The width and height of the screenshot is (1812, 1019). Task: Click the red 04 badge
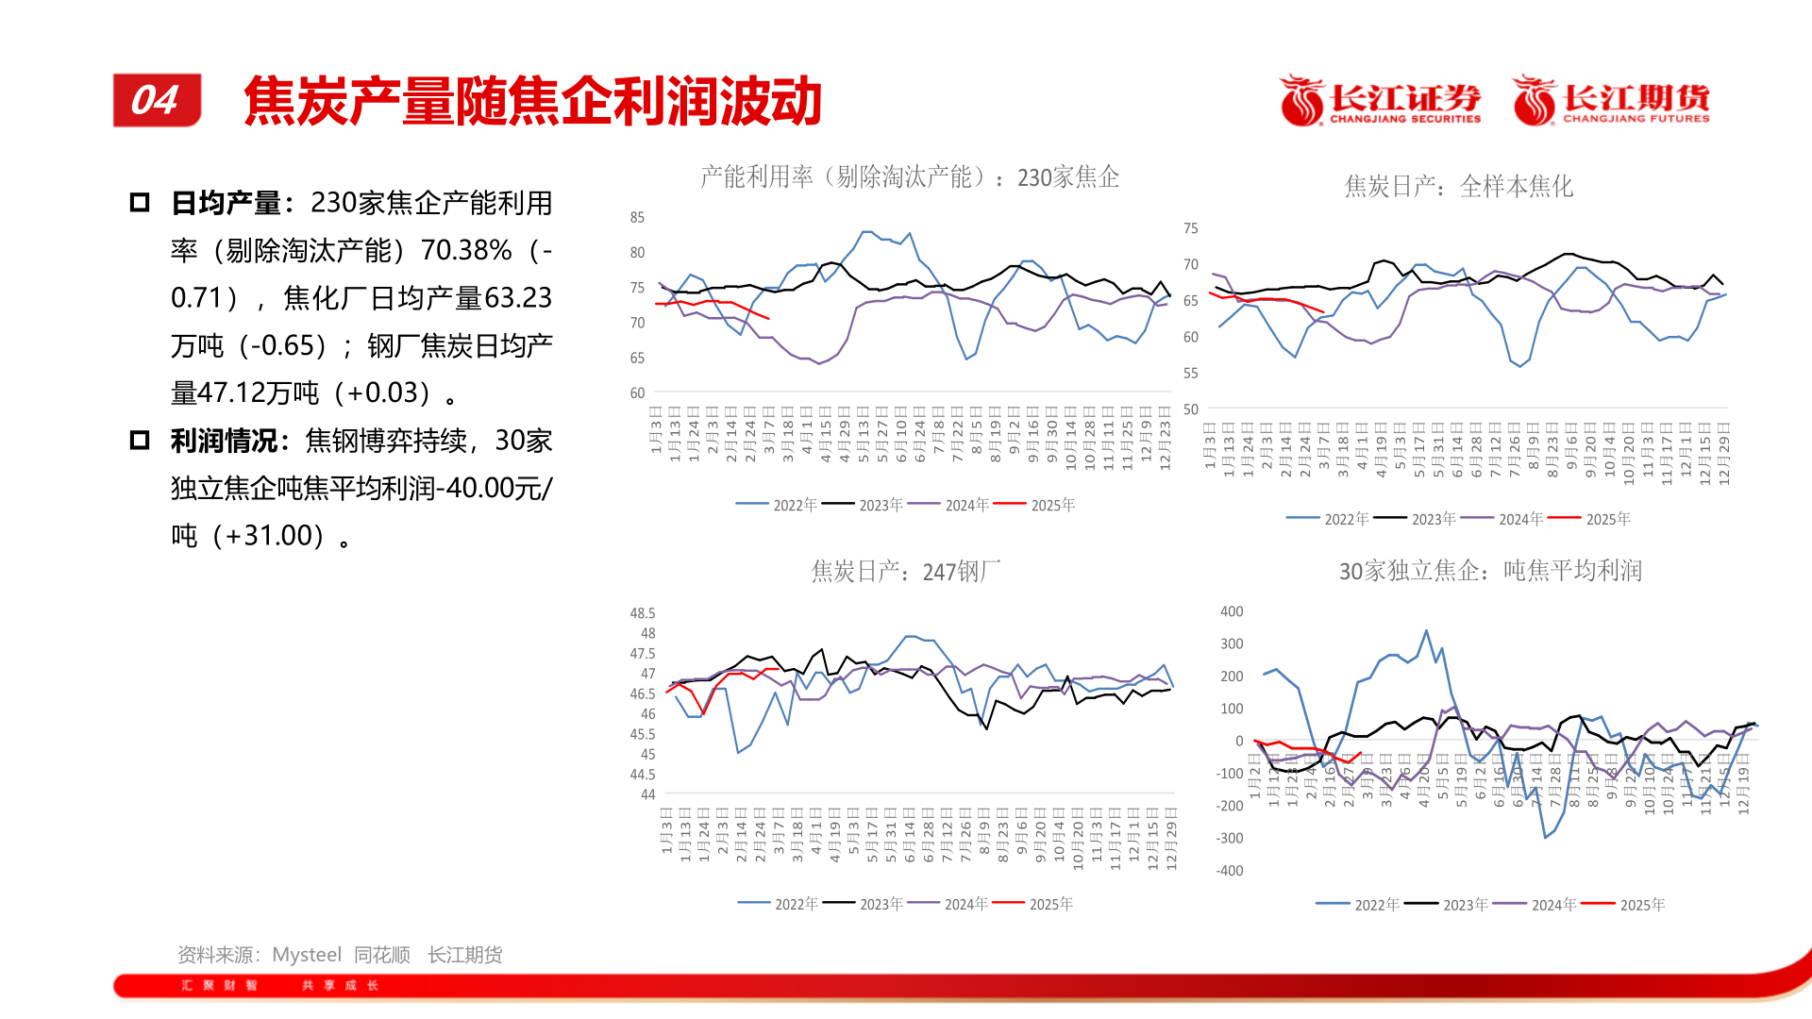pyautogui.click(x=157, y=100)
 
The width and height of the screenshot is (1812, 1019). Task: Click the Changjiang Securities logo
pyautogui.click(x=1380, y=101)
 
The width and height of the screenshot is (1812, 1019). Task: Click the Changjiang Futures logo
pyautogui.click(x=1612, y=101)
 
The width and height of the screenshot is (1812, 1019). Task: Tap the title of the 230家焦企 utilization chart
pyautogui.click(x=909, y=177)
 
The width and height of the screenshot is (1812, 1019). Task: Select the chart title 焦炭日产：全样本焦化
pyautogui.click(x=1458, y=187)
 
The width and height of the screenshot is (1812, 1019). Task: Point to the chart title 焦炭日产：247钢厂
pyautogui.click(x=905, y=572)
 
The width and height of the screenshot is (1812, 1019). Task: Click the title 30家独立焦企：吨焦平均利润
pyautogui.click(x=1490, y=571)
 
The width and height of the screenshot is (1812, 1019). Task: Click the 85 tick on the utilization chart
pyautogui.click(x=637, y=218)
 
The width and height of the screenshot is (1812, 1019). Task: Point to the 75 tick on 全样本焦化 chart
pyautogui.click(x=1190, y=228)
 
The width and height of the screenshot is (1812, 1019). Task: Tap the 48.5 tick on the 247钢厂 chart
pyautogui.click(x=642, y=613)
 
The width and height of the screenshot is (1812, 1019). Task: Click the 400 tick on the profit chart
pyautogui.click(x=1232, y=611)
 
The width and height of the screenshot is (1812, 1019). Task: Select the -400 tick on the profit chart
pyautogui.click(x=1230, y=871)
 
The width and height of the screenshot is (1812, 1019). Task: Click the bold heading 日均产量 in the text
pyautogui.click(x=226, y=203)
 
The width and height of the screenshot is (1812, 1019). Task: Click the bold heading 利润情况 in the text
pyautogui.click(x=226, y=441)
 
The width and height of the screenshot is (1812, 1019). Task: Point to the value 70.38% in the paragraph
pyautogui.click(x=466, y=250)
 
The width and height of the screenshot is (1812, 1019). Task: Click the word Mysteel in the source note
pyautogui.click(x=307, y=955)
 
